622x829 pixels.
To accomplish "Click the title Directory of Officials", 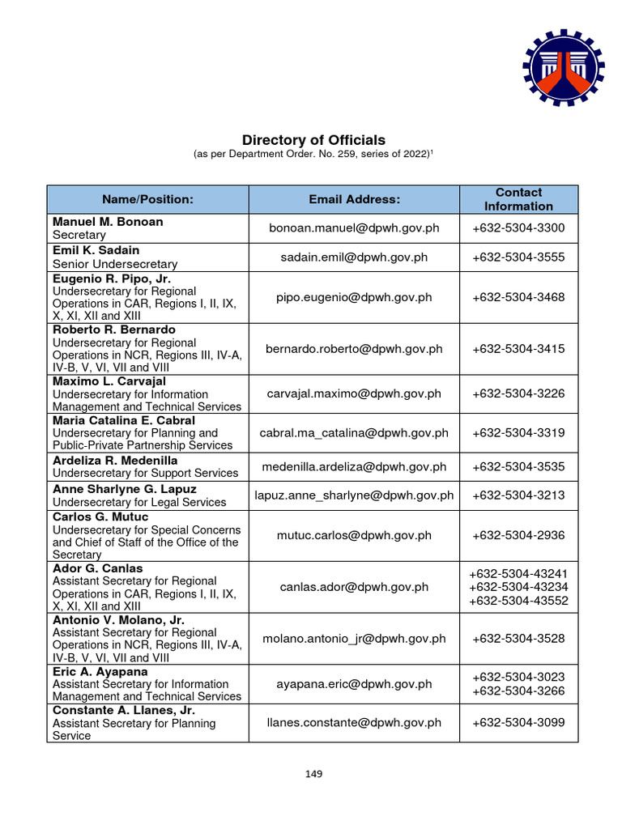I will point(313,140).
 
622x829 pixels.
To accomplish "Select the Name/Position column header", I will point(147,199).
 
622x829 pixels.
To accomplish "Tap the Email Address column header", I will point(354,199).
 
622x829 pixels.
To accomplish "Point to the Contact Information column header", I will point(518,199).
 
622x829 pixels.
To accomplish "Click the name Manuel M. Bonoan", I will point(108,221).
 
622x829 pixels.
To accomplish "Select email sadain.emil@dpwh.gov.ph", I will point(354,257).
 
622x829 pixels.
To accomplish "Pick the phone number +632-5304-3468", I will point(518,297).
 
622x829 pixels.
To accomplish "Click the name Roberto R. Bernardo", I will point(114,329).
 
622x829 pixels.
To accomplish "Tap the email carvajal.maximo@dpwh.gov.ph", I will point(354,393).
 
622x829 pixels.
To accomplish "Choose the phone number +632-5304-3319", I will point(518,433).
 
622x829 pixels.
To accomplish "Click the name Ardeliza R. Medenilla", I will point(115,460).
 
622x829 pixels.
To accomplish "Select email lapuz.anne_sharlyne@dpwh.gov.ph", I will point(354,495).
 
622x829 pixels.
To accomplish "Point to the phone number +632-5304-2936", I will point(518,535).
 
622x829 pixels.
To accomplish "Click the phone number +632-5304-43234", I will point(518,587).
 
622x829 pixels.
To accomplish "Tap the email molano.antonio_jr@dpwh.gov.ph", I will point(354,639).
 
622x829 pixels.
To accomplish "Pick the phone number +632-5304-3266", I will point(518,691).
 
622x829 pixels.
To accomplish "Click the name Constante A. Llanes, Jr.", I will point(124,710).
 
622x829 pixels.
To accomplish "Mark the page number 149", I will point(314,774).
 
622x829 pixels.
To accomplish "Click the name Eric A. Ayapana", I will point(100,671).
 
